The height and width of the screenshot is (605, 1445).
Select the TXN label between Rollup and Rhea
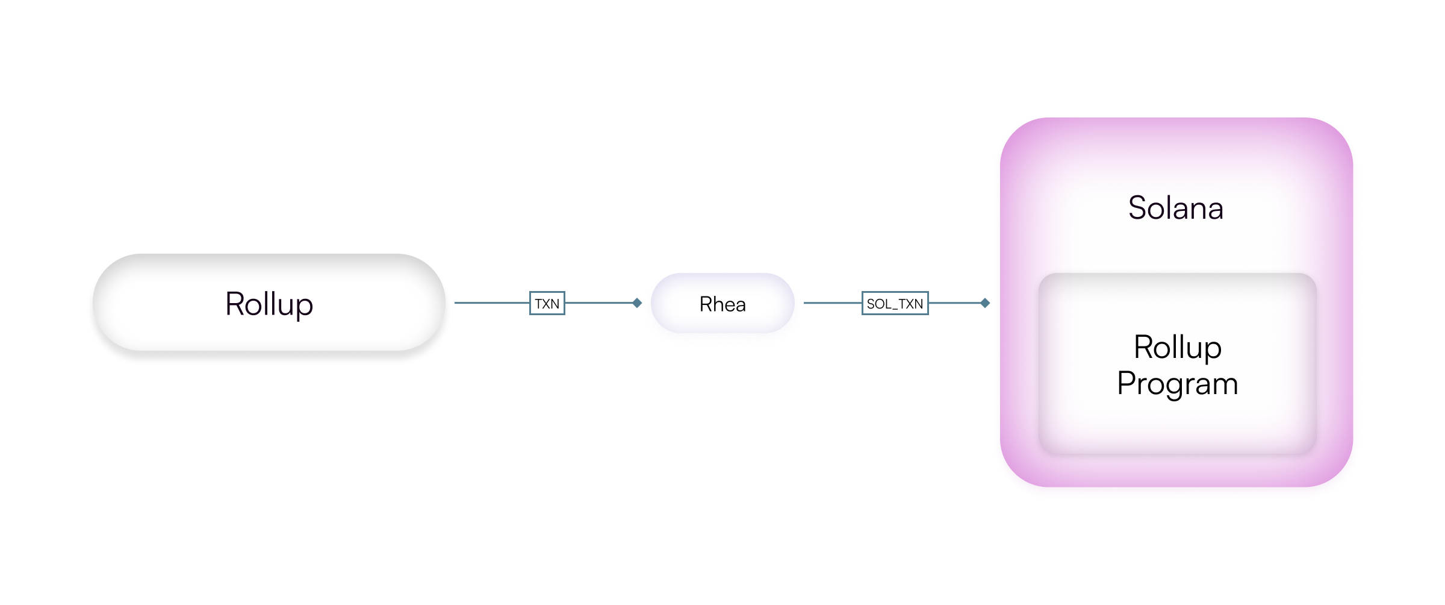pyautogui.click(x=547, y=304)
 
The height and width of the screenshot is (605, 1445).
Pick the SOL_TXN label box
pyautogui.click(x=895, y=304)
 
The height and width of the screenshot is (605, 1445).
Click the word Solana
pyautogui.click(x=1175, y=208)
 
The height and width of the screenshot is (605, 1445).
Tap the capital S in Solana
pyautogui.click(x=1138, y=208)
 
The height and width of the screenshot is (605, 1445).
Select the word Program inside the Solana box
pyautogui.click(x=1177, y=384)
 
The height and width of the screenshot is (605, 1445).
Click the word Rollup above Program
pyautogui.click(x=1177, y=348)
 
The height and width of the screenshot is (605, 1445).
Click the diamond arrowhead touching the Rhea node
pyautogui.click(x=637, y=303)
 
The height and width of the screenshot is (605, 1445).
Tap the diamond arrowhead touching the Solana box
pyautogui.click(x=985, y=303)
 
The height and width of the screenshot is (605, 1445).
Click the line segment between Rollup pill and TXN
pyautogui.click(x=491, y=303)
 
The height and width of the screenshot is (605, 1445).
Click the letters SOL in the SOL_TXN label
pyautogui.click(x=878, y=304)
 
